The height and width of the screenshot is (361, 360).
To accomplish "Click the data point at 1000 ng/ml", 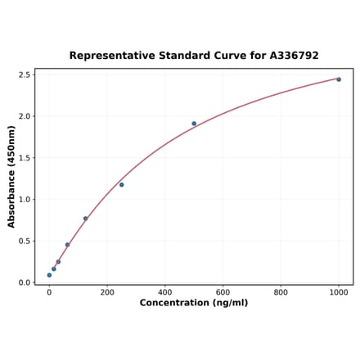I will click(339, 79).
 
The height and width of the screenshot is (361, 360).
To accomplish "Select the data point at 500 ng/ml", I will click(194, 124).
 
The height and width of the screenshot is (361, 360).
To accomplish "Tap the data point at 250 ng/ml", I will click(122, 185).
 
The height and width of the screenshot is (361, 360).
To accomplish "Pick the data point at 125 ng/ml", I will click(85, 219).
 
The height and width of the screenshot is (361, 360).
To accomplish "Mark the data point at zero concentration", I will click(49, 275).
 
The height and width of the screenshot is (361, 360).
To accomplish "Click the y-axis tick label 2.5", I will click(25, 75).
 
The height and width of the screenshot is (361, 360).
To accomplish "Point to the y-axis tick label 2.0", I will click(25, 116).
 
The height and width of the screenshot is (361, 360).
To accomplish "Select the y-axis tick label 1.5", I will click(25, 158).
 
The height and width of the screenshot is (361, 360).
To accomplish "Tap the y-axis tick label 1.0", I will click(25, 200).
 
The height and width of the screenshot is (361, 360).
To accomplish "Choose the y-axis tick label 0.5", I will click(25, 241).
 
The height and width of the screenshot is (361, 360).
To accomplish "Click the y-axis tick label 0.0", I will click(25, 283).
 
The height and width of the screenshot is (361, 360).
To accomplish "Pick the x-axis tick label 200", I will click(107, 292).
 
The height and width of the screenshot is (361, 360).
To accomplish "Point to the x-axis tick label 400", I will click(165, 292).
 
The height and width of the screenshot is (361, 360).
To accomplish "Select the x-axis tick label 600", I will click(223, 292).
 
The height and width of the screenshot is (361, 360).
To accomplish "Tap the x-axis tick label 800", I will click(281, 292).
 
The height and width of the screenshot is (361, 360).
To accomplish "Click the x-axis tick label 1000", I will click(339, 292).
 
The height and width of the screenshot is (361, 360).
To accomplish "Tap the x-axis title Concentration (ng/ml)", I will click(194, 304).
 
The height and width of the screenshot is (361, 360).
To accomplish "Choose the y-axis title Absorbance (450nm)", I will click(11, 176).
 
